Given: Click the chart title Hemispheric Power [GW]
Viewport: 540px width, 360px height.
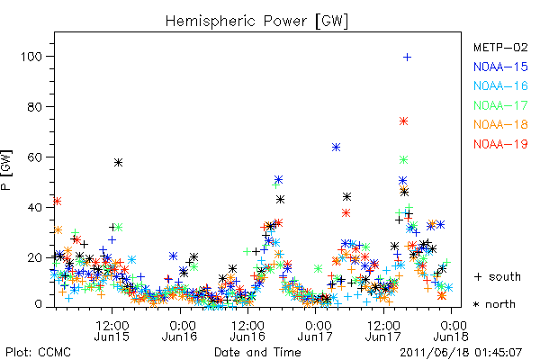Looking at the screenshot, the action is coord(256,22).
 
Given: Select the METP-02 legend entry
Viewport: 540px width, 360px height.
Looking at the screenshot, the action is coord(500,47).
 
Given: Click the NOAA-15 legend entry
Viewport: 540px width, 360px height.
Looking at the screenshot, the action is coord(500,67).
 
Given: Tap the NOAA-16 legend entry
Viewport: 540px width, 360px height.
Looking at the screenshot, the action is coord(500,85).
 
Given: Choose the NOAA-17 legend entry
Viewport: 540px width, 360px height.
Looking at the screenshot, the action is coord(500,105).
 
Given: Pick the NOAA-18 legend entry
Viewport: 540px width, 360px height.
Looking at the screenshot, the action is coord(500,124).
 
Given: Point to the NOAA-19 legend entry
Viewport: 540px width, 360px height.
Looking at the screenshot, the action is coord(500,144).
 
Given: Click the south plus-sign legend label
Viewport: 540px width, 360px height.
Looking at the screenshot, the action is coord(498,276).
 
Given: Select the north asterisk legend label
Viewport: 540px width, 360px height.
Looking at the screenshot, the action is coord(494,304).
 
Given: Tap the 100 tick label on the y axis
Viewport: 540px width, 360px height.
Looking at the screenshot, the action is coord(31,56).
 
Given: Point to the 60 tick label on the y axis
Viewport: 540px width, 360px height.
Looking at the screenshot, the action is coord(34,157).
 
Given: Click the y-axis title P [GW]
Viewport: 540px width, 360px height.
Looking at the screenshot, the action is coord(6,170).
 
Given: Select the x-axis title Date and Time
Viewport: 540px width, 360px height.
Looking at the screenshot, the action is coord(257,352).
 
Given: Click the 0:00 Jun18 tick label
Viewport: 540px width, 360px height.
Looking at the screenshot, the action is coord(451,330).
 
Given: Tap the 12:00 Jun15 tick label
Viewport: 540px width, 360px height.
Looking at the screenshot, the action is coord(112,330).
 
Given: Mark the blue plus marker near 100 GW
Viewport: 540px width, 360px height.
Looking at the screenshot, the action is coord(407,58).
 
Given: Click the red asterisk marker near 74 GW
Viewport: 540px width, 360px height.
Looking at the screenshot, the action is coord(403,121).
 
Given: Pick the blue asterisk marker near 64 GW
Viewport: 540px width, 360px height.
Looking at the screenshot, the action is coord(336,148).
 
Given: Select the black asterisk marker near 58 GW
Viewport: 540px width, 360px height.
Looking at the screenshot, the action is coord(118,163).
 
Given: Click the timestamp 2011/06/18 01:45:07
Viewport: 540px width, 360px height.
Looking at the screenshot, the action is coord(461,353).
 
